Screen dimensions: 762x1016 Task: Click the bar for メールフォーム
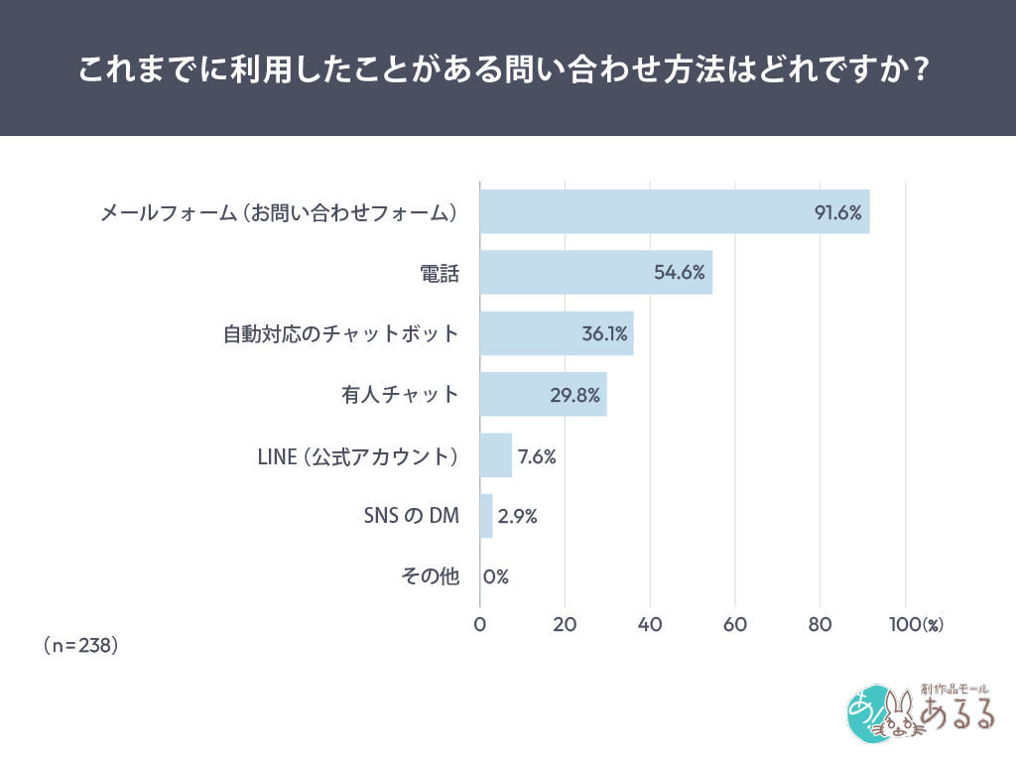click(x=675, y=211)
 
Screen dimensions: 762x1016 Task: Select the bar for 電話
click(x=595, y=273)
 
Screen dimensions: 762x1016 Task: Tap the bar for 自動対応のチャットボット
click(x=556, y=333)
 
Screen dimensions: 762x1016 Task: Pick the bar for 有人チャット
click(x=543, y=395)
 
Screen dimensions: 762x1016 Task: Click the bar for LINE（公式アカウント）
click(x=495, y=455)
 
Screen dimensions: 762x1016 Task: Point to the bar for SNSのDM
click(x=486, y=516)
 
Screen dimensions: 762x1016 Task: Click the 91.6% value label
click(x=837, y=212)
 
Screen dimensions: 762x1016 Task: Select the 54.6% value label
click(x=680, y=274)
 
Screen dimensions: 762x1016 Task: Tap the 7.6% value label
click(x=537, y=456)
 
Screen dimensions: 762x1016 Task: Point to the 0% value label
click(x=496, y=576)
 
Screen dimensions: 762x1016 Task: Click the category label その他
click(x=430, y=576)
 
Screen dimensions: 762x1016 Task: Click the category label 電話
click(x=441, y=274)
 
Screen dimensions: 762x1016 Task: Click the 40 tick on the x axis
click(x=650, y=625)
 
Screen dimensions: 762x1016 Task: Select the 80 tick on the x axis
click(x=820, y=625)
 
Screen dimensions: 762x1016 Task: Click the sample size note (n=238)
click(x=81, y=645)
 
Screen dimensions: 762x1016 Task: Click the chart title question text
click(x=507, y=68)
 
